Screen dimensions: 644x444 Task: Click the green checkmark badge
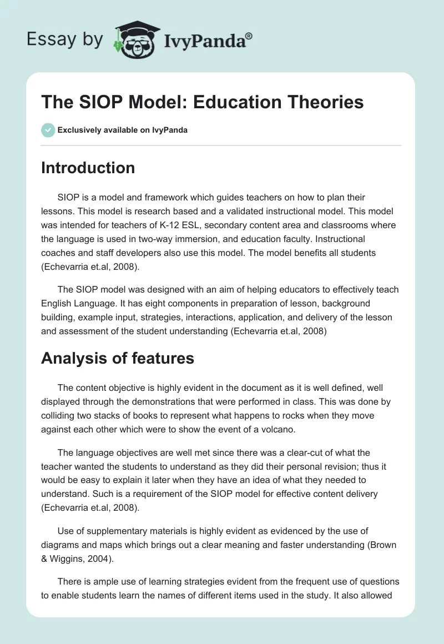48,130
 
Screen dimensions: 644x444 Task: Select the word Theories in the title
317,102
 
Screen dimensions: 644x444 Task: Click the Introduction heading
88,168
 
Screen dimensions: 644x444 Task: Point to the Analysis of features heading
117,358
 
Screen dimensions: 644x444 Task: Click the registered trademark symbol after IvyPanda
249,36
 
